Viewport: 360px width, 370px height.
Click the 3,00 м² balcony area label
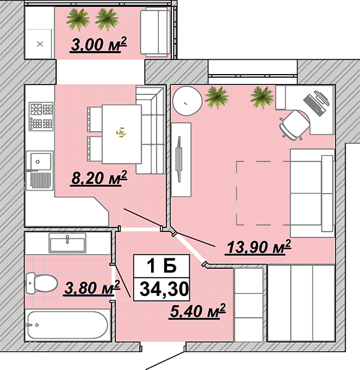(x=99, y=44)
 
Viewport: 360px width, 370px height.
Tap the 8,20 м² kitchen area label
(x=99, y=178)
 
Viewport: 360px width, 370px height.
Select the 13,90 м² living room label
(x=258, y=247)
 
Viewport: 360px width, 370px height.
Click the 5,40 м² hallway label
(x=197, y=311)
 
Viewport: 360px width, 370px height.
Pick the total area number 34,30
(x=164, y=289)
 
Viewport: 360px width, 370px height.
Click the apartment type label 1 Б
(x=162, y=266)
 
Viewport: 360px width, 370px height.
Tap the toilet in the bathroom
(x=41, y=283)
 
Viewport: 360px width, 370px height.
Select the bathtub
(x=68, y=325)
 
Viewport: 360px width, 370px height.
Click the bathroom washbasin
(x=67, y=243)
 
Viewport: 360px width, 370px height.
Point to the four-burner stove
(x=41, y=117)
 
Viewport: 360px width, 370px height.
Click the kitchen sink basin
(x=41, y=162)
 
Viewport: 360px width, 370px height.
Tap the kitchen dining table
(x=121, y=134)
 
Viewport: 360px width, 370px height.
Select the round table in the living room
(x=187, y=101)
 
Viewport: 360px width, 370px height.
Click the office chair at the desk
(x=294, y=126)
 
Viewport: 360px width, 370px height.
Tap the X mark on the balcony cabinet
(x=40, y=44)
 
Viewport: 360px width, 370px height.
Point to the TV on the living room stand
(x=179, y=159)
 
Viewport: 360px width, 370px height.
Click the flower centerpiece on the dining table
(x=121, y=133)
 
